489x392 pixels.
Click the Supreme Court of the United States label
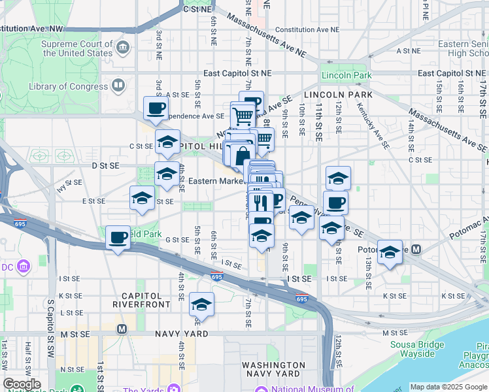(76, 48)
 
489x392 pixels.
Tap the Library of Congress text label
(69, 86)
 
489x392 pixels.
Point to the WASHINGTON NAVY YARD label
(273, 370)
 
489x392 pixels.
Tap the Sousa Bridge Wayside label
(413, 349)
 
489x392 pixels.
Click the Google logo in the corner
(22, 384)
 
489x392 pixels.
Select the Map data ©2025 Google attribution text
(448, 387)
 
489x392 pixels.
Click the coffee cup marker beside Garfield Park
(118, 238)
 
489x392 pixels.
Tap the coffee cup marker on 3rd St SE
(156, 108)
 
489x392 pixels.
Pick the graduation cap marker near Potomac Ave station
(390, 252)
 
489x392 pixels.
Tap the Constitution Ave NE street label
(307, 30)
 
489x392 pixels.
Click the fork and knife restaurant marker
(260, 201)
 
